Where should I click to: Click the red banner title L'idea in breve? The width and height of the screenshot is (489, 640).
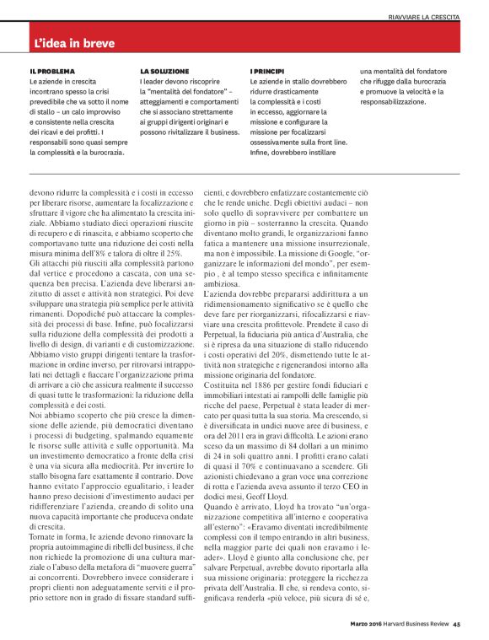point(75,42)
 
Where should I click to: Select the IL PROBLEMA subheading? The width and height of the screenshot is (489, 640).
point(52,72)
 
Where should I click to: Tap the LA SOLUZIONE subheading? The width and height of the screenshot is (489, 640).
point(164,72)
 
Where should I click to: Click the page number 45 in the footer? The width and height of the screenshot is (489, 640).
point(456,625)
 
